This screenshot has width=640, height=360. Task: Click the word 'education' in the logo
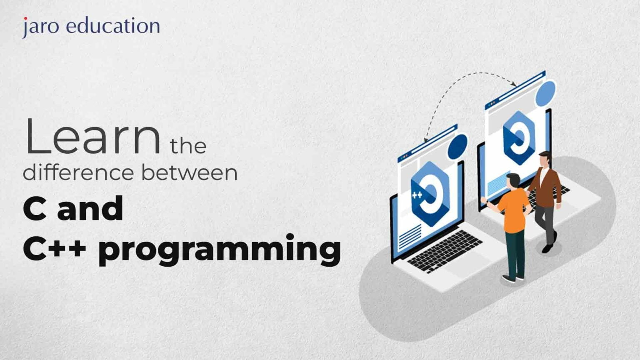[x=113, y=26]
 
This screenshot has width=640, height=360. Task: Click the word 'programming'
[x=220, y=249]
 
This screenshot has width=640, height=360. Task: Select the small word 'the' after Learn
[x=188, y=146]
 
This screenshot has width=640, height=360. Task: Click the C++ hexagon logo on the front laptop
[x=429, y=193]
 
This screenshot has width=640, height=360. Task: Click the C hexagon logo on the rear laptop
[x=518, y=137]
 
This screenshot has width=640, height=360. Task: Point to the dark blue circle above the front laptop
[x=457, y=146]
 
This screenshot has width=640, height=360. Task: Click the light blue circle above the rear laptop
[x=545, y=93]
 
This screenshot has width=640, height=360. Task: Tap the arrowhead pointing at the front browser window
[x=426, y=140]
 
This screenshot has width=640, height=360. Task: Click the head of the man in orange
[x=513, y=180]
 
